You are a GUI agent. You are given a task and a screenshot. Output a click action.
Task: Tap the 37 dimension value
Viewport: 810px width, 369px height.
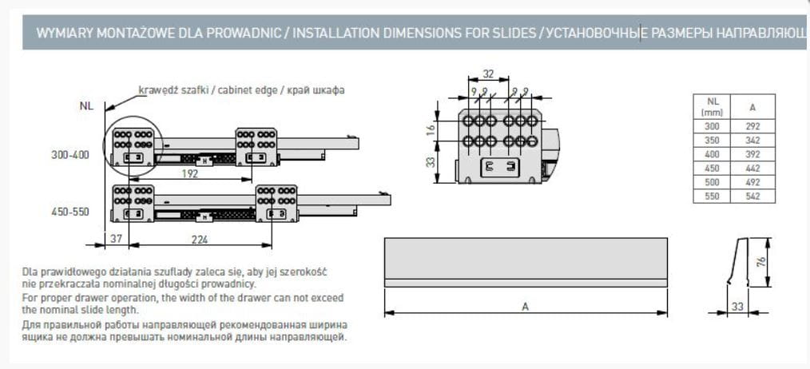[116, 238]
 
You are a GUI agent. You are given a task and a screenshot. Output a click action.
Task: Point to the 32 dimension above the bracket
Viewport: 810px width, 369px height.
[489, 74]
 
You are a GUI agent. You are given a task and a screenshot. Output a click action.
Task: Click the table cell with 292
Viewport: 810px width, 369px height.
[752, 125]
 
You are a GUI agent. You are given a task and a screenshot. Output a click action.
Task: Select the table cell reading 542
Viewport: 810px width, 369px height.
[752, 196]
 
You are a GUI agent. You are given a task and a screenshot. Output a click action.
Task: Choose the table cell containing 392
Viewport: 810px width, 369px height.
[752, 153]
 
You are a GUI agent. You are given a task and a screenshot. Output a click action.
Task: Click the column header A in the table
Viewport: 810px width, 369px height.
[752, 107]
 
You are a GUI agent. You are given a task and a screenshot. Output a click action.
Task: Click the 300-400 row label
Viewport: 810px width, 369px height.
[70, 155]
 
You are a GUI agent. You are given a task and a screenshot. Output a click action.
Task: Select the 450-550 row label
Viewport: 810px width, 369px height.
[70, 212]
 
